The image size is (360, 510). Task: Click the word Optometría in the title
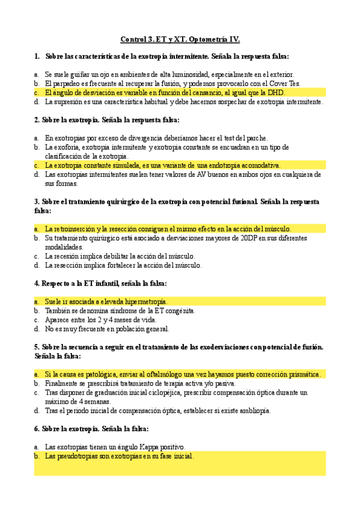click(207, 40)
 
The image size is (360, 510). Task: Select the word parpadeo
click(67, 84)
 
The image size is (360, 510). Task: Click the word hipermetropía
click(141, 301)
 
